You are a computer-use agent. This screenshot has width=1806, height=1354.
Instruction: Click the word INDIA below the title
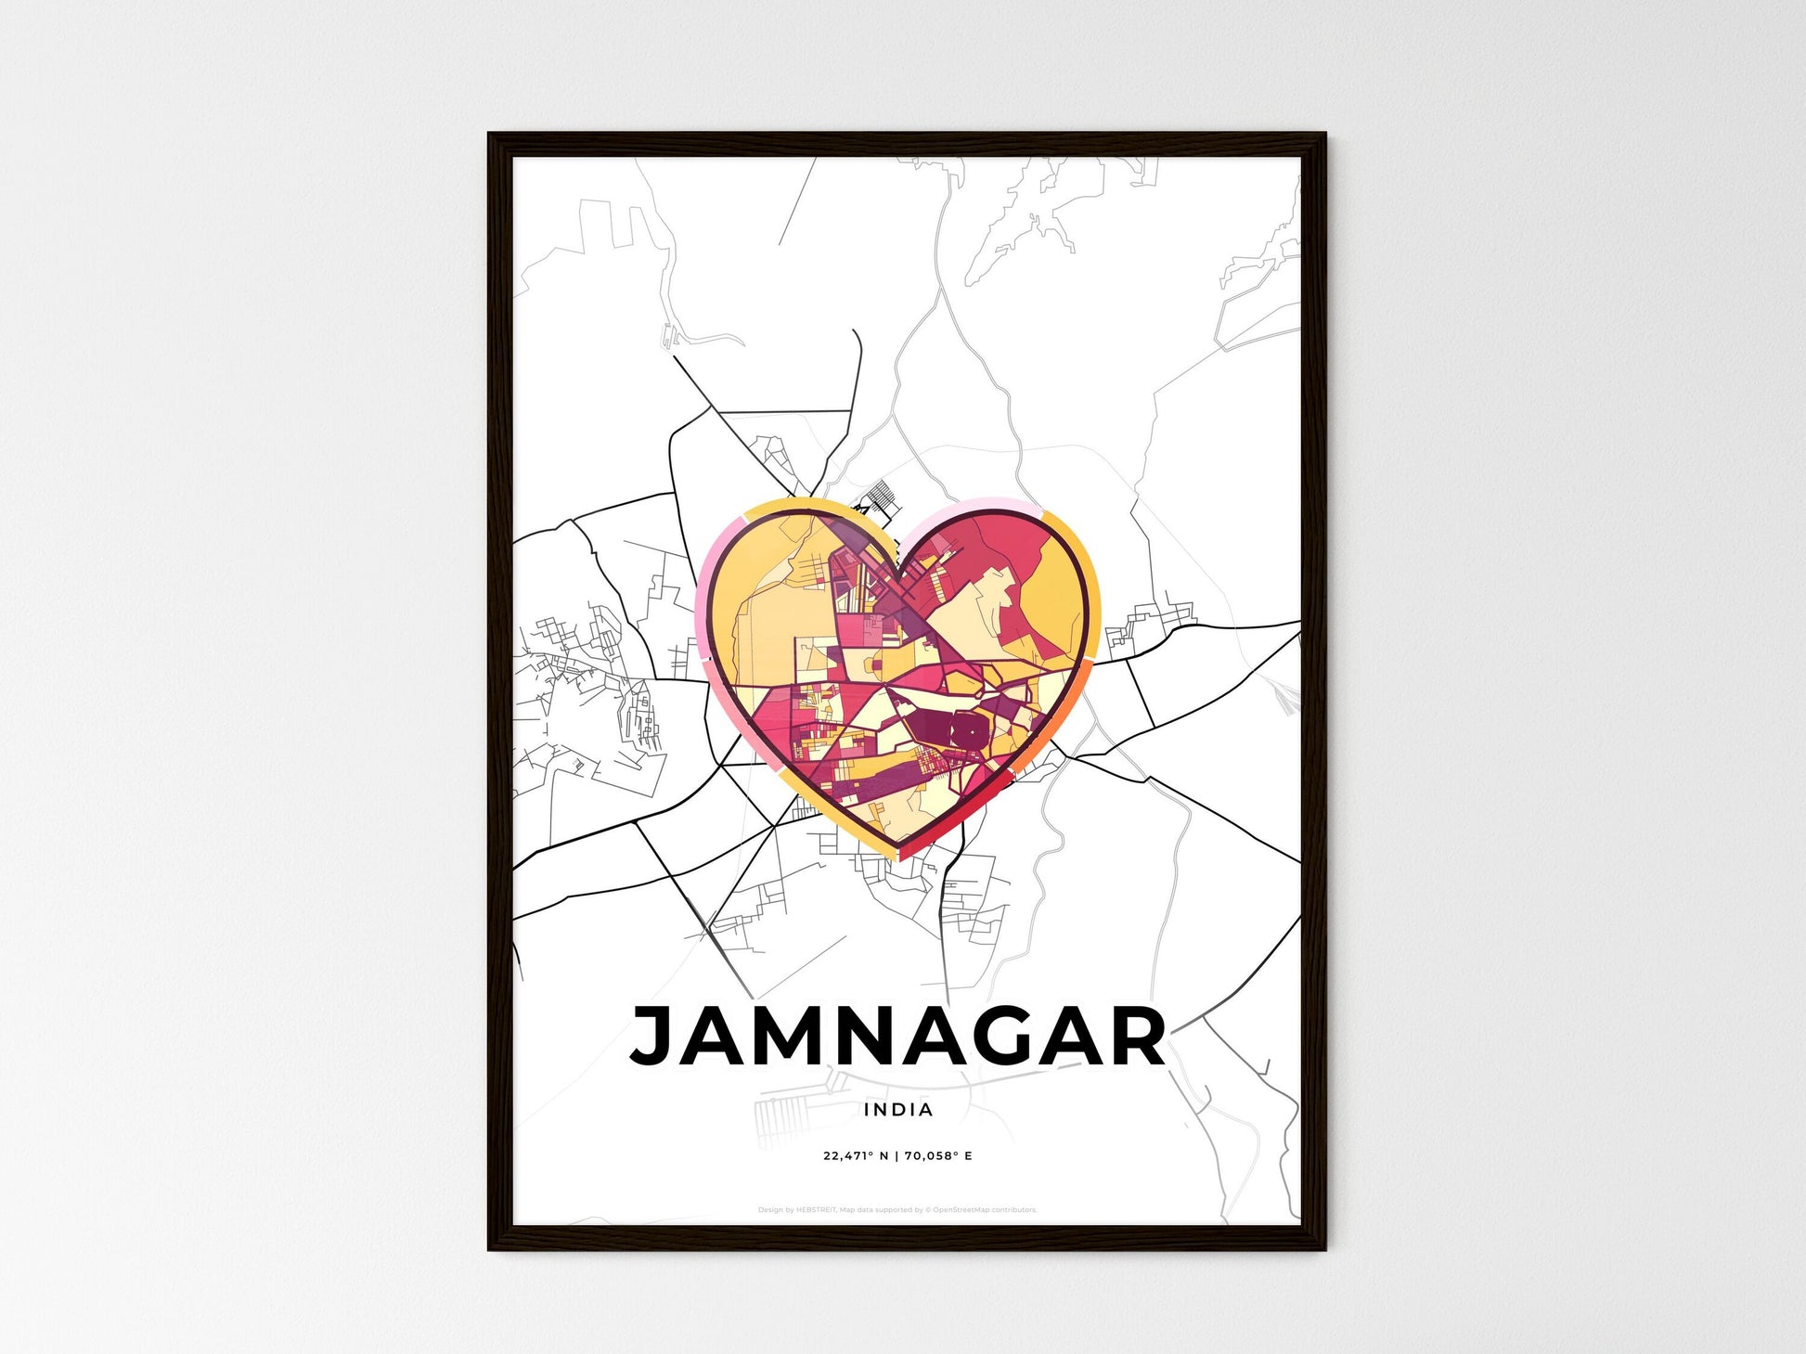coord(898,1109)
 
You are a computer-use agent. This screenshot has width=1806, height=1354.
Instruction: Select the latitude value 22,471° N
coord(856,1156)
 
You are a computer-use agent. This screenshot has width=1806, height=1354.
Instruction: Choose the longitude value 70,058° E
coord(938,1156)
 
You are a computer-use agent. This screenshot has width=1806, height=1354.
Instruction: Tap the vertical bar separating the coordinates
coord(897,1156)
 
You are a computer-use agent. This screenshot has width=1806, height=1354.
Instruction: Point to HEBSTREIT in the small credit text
coord(817,1210)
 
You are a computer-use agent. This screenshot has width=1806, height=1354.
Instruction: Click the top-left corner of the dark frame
coord(491,135)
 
